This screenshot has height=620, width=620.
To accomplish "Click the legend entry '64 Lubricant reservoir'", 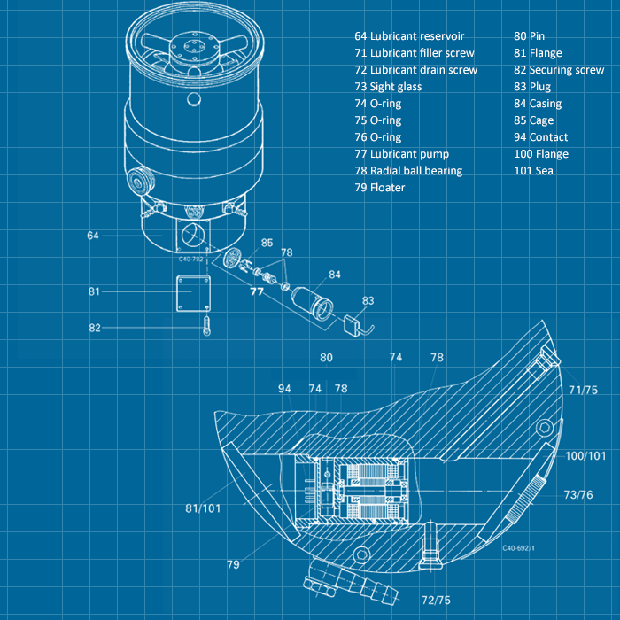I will tap(408, 36).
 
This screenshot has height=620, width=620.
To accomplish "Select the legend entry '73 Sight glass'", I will tap(387, 87).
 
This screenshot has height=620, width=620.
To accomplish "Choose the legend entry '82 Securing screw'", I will tap(559, 70).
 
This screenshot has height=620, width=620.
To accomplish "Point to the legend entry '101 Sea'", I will tap(533, 171).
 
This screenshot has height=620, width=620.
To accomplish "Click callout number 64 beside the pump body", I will tap(93, 236).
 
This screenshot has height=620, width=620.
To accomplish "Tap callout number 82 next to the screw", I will tap(95, 329).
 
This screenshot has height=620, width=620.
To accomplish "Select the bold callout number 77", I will tap(257, 291).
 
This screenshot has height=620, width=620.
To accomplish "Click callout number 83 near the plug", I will tap(368, 301).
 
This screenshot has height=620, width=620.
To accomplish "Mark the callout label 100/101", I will tap(585, 455).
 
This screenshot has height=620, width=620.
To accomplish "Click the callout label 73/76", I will tap(578, 494).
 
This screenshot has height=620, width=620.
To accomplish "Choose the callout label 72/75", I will tap(437, 600).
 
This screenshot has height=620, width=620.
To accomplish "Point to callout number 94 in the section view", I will tap(284, 389).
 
